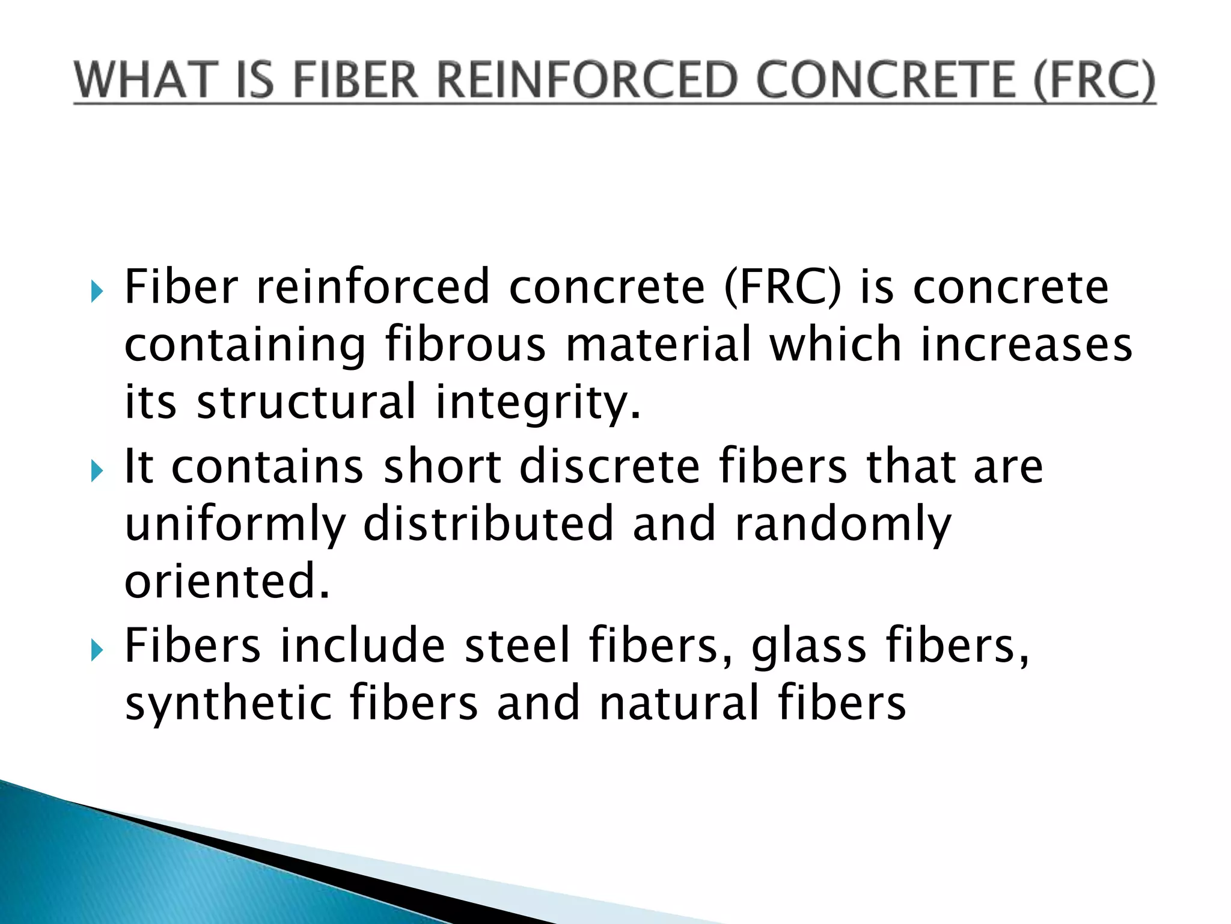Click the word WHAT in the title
click(145, 81)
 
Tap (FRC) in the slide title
click(1094, 81)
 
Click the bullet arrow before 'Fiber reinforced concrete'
click(96, 292)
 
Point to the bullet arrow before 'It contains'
click(96, 471)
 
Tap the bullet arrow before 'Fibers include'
click(96, 650)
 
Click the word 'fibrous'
click(466, 344)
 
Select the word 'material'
click(659, 344)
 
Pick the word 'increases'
click(1027, 344)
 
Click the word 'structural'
click(307, 402)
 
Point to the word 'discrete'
click(610, 466)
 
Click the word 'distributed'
click(488, 523)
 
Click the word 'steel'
click(518, 645)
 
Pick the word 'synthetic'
click(228, 704)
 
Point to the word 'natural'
click(679, 703)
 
